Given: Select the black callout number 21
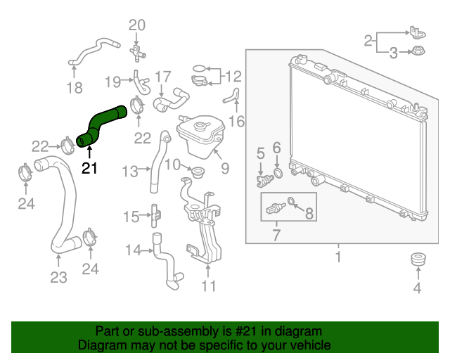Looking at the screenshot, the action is (89, 168).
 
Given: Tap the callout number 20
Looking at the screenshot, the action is (137, 25).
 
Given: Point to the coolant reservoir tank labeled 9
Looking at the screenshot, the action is (200, 135).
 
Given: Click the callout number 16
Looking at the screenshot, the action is (237, 122).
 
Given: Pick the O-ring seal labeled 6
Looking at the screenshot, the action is (278, 174).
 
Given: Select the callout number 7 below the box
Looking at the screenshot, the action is (276, 235).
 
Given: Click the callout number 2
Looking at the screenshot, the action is (368, 41).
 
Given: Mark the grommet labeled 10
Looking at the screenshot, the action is (198, 172).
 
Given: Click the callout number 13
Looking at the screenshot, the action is (130, 172).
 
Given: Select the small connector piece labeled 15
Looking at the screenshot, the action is (155, 216).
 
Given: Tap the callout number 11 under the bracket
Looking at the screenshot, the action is (208, 286).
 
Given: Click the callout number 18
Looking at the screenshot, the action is (75, 88).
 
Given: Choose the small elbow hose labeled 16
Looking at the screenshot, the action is (232, 96).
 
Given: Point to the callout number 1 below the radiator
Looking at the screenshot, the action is (338, 257).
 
